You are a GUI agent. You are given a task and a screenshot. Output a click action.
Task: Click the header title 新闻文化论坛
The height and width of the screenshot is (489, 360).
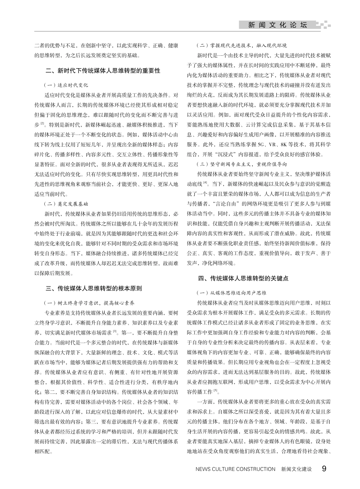(x=277, y=25)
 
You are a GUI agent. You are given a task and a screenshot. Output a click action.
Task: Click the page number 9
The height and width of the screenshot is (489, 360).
(x=324, y=469)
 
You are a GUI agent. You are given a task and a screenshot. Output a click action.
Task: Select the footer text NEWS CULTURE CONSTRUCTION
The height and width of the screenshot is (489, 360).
(x=235, y=469)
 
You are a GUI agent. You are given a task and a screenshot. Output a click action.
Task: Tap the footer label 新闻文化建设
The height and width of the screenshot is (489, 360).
(x=296, y=469)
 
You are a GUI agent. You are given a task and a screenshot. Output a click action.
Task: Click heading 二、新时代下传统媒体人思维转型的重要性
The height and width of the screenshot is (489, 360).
(x=103, y=71)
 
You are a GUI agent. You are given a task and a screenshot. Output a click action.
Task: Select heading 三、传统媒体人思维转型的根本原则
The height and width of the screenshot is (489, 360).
(x=94, y=288)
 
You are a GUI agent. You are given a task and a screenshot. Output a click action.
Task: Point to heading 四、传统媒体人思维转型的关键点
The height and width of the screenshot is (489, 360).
(x=243, y=279)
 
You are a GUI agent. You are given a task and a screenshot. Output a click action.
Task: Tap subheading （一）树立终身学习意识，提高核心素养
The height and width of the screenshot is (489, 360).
(x=89, y=303)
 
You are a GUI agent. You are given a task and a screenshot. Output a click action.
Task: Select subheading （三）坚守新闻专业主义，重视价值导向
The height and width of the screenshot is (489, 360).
(x=242, y=164)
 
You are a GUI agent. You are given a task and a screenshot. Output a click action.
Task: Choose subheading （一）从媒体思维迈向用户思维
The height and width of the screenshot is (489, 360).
(x=231, y=293)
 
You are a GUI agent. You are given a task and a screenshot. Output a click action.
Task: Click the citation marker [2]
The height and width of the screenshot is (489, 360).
(x=42, y=123)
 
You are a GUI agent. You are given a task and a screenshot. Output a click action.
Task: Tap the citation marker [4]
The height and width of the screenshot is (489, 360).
(x=205, y=182)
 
